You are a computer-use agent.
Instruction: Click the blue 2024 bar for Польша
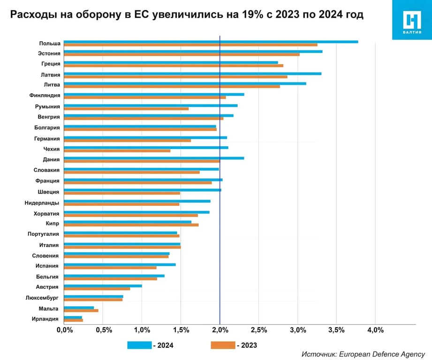(211, 42)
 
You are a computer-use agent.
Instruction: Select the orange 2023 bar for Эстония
(182, 54)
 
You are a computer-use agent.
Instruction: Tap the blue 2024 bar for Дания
(154, 158)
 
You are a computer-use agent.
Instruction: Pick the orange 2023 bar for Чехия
(117, 150)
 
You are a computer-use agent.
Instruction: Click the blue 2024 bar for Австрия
(103, 285)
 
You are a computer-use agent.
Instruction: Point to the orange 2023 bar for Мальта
(81, 310)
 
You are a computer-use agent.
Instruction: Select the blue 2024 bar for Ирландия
(73, 317)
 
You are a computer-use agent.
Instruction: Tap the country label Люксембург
(42, 298)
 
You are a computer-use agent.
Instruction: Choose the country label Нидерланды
(42, 203)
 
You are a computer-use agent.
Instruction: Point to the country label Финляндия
(44, 96)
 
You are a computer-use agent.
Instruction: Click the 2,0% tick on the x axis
(220, 330)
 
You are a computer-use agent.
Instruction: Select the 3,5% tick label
(336, 330)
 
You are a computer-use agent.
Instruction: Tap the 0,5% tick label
(103, 330)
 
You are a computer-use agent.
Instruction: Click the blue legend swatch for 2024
(139, 345)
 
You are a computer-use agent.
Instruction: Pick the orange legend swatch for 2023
(223, 345)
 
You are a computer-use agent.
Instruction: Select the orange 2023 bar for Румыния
(126, 108)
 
